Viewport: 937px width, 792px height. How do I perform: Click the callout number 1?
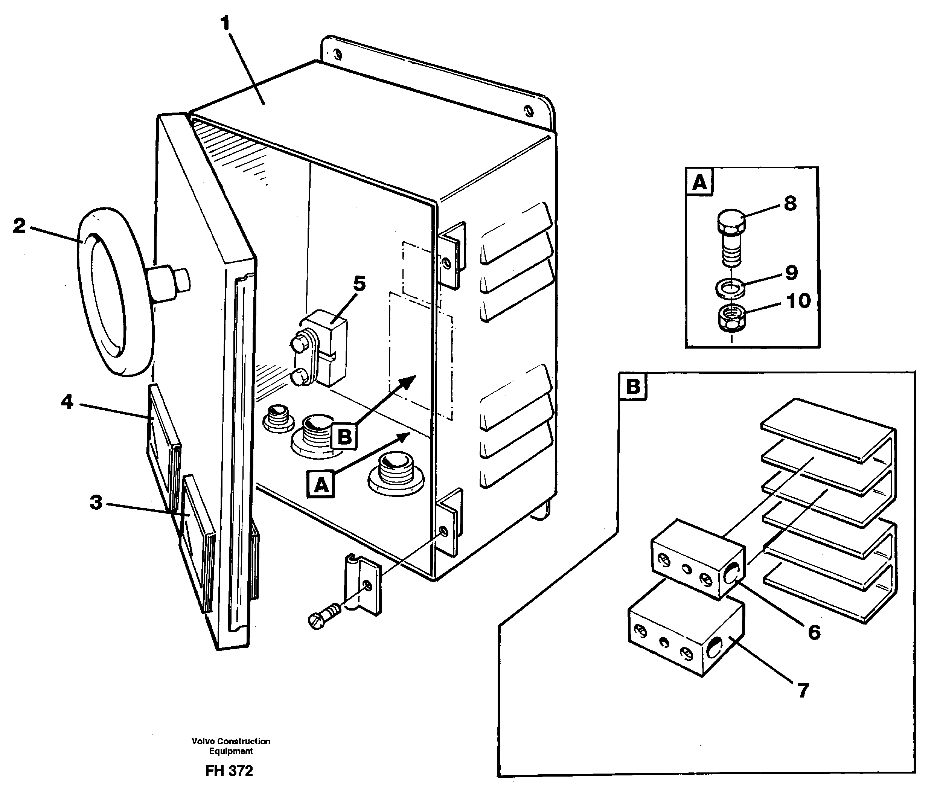(x=225, y=23)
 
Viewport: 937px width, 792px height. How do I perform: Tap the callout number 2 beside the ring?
(x=19, y=225)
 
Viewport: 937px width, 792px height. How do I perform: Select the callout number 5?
(x=359, y=284)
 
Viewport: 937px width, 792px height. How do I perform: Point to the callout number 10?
(x=799, y=301)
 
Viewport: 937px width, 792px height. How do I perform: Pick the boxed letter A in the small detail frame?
(x=699, y=182)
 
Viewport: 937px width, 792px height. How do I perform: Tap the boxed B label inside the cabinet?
(x=344, y=436)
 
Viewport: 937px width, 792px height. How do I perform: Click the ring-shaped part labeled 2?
(x=104, y=292)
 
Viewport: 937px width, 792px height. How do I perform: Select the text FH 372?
(x=229, y=771)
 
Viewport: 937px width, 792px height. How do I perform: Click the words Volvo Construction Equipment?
(x=231, y=746)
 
